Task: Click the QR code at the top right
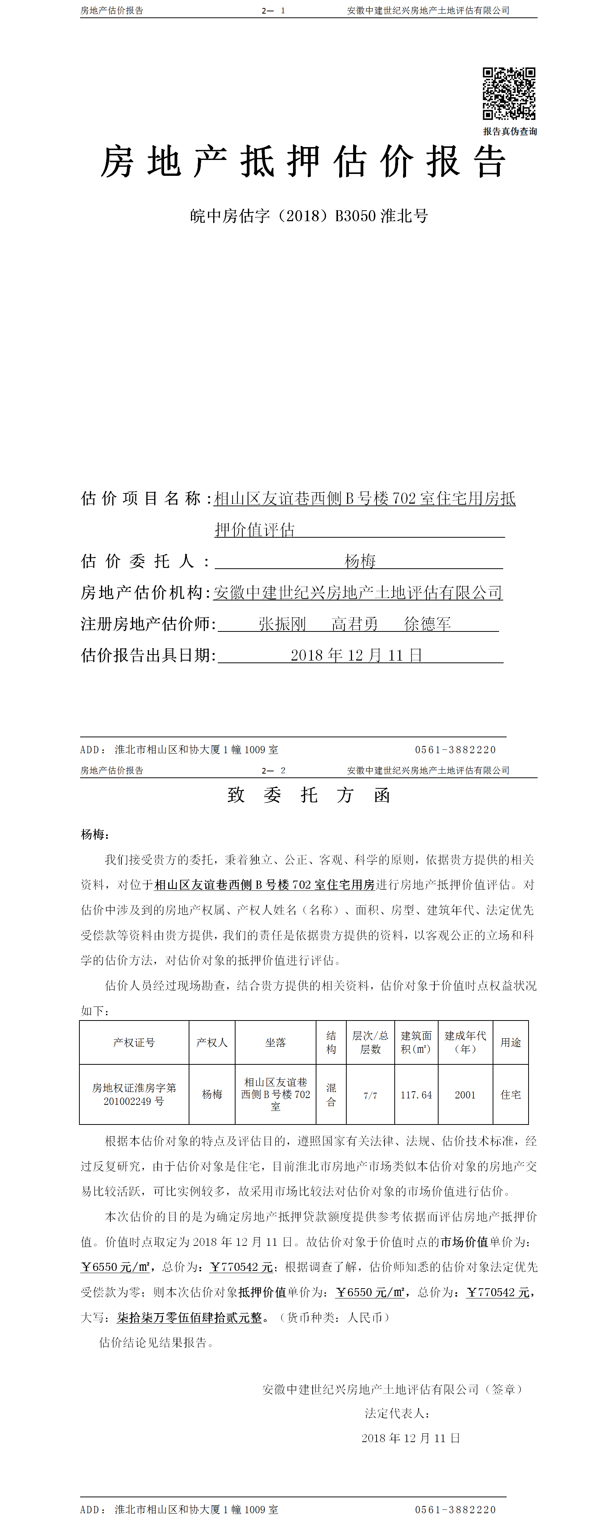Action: tap(509, 93)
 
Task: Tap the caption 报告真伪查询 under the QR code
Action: tap(510, 131)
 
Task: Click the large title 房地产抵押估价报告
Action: tap(303, 162)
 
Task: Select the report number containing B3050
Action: tap(309, 216)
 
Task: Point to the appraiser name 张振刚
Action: tap(282, 624)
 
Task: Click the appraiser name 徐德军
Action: tap(427, 624)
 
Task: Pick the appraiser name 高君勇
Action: tap(355, 624)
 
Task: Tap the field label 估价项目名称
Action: tap(142, 499)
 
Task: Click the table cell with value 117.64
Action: tap(416, 1095)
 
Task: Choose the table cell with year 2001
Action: tap(465, 1095)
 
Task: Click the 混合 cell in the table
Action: tap(331, 1095)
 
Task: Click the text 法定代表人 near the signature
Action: tap(397, 1413)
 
